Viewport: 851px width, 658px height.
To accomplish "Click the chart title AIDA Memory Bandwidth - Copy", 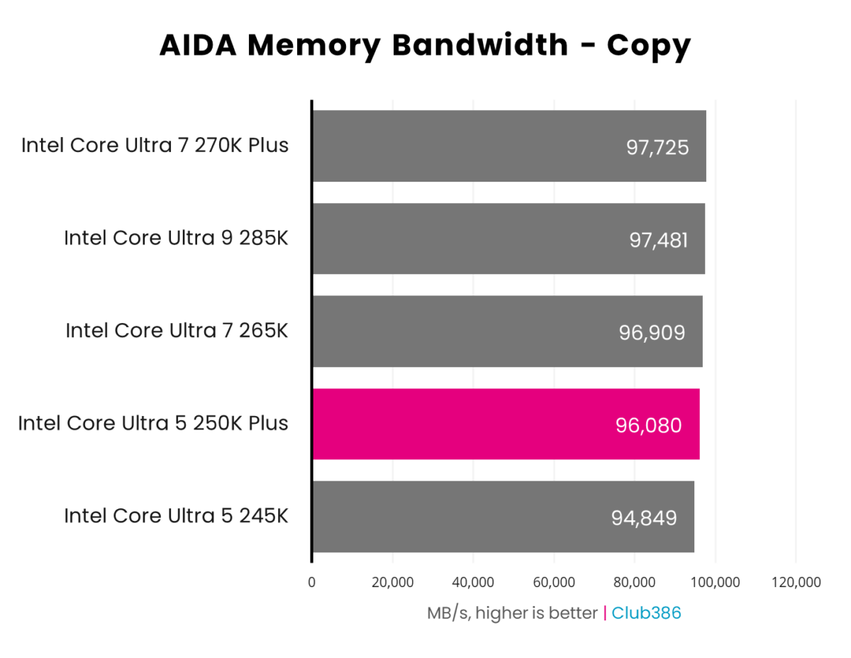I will pos(425,45).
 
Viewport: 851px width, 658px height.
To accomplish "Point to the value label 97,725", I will pos(657,148).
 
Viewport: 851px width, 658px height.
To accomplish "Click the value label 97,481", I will pos(658,240).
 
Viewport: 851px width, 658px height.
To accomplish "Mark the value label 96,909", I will pos(652,332).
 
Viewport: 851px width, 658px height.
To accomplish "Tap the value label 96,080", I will pos(649,425).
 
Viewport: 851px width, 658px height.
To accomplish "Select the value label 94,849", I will pos(643,517).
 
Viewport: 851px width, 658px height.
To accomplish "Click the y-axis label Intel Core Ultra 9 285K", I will pos(176,238).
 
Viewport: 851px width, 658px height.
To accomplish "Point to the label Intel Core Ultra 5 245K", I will pos(176,515).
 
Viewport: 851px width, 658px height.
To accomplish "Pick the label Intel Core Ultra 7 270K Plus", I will pos(155,146).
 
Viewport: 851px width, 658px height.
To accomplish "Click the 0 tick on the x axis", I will pos(312,583).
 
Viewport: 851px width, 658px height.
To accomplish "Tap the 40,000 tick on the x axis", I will pos(473,583).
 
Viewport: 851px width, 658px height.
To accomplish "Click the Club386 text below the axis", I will pos(646,613).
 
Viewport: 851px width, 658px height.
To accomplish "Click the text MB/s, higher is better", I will pos(511,613).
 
